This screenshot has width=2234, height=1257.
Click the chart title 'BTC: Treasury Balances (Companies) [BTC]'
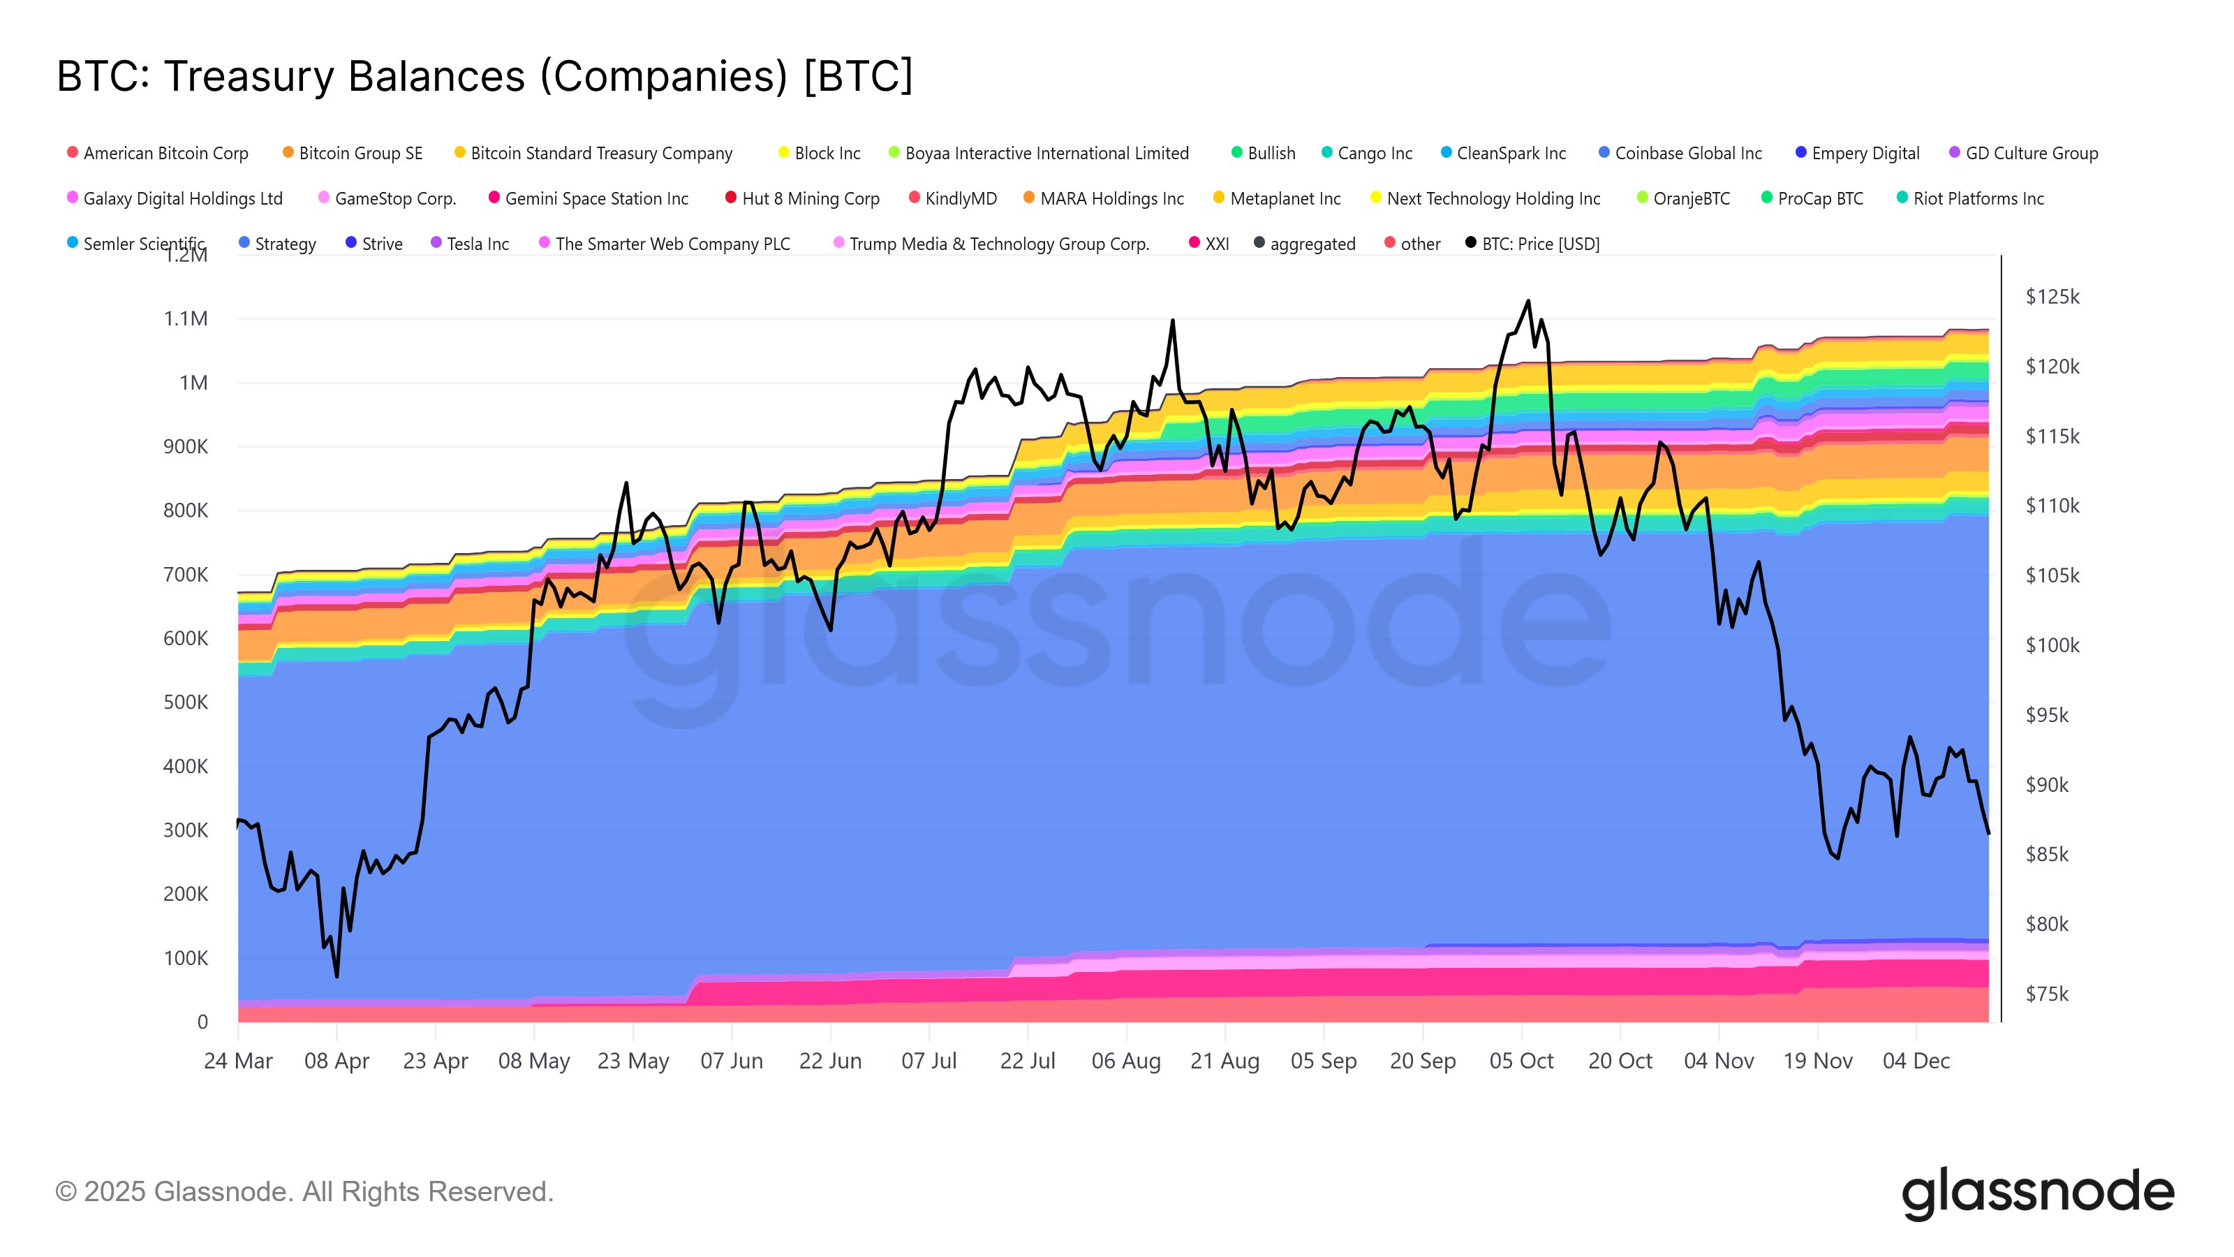click(x=484, y=76)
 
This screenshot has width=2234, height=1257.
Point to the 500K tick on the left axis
click(x=186, y=702)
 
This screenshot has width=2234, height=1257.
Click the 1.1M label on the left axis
click(x=186, y=318)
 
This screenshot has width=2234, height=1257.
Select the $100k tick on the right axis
click(x=2052, y=645)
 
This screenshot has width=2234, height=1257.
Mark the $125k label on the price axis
click(x=2052, y=297)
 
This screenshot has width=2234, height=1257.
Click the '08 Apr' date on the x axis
click(x=336, y=1060)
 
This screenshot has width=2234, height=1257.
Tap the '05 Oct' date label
click(x=1521, y=1060)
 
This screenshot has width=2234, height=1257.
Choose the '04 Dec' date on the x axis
click(x=1916, y=1060)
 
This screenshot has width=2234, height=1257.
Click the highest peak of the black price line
click(x=1528, y=301)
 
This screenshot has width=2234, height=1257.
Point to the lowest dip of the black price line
click(x=336, y=977)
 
